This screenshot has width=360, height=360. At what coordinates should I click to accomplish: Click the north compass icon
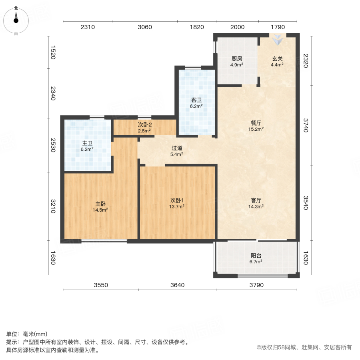coord(16,19)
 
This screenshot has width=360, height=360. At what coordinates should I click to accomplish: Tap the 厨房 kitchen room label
coord(236,58)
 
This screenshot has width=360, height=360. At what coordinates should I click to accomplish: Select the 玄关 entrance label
coord(277,58)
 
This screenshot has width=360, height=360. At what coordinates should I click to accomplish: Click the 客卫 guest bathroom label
coord(196,100)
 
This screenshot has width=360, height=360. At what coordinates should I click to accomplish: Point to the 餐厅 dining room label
coord(256,123)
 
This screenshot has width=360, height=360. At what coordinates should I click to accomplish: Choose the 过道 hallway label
coord(177,148)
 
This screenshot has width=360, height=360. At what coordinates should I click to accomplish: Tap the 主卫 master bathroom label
coord(87,143)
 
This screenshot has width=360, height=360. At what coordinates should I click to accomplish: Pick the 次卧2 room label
coord(144,125)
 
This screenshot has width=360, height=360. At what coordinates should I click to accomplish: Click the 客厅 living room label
coord(256,200)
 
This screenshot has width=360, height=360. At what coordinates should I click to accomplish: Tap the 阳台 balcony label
coord(256,256)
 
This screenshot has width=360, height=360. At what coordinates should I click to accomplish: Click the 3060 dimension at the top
coord(145,27)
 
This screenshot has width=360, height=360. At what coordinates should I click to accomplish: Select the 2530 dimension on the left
coord(52,145)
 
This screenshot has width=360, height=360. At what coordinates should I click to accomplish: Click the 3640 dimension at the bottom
coord(177,285)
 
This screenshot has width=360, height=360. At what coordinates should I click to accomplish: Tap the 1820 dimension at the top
coord(196,27)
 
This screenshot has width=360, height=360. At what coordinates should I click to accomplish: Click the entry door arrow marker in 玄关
coord(277,40)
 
